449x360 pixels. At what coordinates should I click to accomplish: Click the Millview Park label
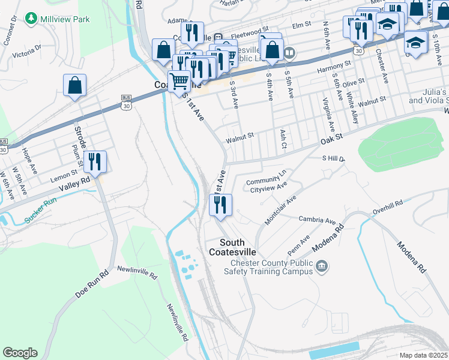coord(65,19)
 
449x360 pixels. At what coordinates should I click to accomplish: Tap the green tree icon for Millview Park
coord(31,19)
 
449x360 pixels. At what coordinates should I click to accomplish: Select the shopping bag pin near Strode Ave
coord(74,86)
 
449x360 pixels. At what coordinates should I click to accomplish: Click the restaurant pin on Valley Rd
coord(95,162)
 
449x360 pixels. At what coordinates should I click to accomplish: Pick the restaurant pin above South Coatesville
coord(220,205)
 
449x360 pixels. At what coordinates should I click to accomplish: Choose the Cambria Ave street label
coord(317,220)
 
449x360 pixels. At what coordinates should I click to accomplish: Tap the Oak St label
coord(331,139)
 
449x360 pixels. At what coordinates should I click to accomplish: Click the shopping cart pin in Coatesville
coord(178,80)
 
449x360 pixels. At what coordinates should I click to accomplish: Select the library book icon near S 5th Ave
coord(290,53)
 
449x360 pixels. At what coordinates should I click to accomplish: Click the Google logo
coord(20,353)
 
